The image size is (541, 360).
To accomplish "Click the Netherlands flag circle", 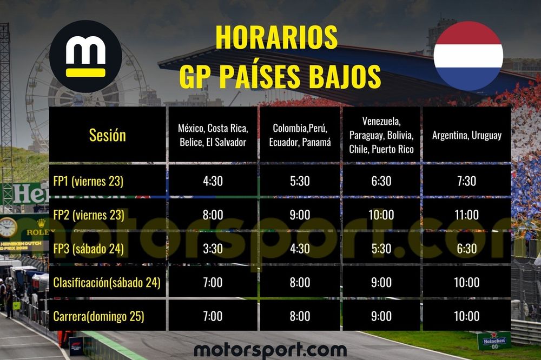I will pyautogui.click(x=468, y=56).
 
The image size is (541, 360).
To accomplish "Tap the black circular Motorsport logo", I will pyautogui.click(x=85, y=57).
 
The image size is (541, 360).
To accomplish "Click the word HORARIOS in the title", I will pyautogui.click(x=276, y=37).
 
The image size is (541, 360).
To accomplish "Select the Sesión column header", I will pyautogui.click(x=107, y=135).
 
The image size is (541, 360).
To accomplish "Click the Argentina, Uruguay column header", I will pyautogui.click(x=466, y=135).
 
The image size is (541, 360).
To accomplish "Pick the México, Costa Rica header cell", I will pyautogui.click(x=213, y=135).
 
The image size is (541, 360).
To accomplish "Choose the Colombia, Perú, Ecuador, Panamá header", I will pyautogui.click(x=299, y=135).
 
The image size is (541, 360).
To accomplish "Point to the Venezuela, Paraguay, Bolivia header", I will pyautogui.click(x=381, y=135).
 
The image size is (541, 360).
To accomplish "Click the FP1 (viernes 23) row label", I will pyautogui.click(x=88, y=181).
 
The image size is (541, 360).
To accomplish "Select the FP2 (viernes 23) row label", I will pyautogui.click(x=89, y=215).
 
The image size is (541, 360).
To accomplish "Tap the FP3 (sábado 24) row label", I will pyautogui.click(x=88, y=249).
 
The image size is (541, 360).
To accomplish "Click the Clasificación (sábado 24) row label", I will pyautogui.click(x=107, y=282).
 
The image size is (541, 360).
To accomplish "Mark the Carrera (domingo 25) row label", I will pyautogui.click(x=98, y=316).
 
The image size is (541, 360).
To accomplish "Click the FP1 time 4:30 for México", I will pyautogui.click(x=213, y=181).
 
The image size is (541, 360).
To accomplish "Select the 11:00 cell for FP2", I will pyautogui.click(x=466, y=215).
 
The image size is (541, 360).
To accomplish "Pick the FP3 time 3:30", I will pyautogui.click(x=213, y=249).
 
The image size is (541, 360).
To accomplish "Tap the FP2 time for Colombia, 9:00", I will pyautogui.click(x=299, y=215).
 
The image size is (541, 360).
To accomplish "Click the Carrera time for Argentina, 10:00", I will pyautogui.click(x=466, y=316).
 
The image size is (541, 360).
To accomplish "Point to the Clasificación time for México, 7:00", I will pyautogui.click(x=213, y=282).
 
